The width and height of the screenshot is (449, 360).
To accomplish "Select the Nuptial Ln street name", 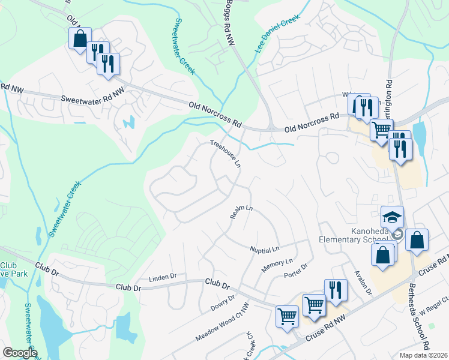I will pyautogui.click(x=265, y=248).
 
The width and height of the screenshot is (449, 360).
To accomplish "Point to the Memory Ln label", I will pyautogui.click(x=277, y=266).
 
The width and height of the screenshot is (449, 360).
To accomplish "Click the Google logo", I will pyautogui.click(x=20, y=353).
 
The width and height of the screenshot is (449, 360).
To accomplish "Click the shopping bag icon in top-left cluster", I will pyautogui.click(x=79, y=39).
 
